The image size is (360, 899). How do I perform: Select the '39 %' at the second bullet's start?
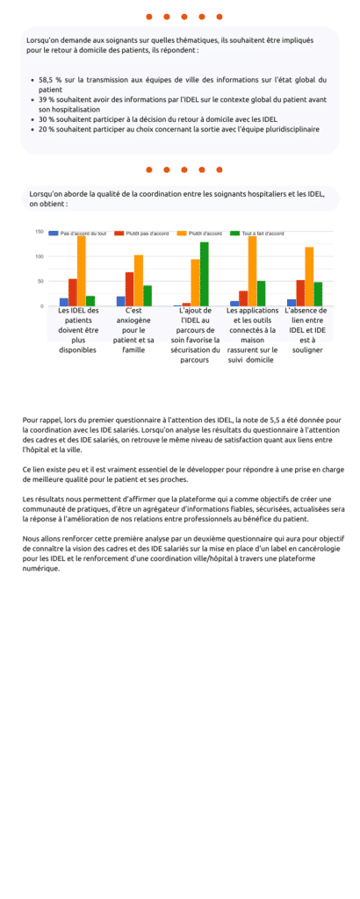[x=45, y=99]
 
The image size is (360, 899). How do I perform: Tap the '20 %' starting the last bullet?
[x=45, y=129]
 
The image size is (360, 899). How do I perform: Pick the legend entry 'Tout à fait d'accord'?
[x=263, y=234]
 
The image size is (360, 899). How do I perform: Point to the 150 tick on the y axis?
[x=40, y=232]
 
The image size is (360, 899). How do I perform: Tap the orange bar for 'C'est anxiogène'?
[x=139, y=280]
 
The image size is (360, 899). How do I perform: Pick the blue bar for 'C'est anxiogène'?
[x=120, y=301]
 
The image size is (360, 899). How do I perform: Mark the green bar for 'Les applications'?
[x=261, y=293]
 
